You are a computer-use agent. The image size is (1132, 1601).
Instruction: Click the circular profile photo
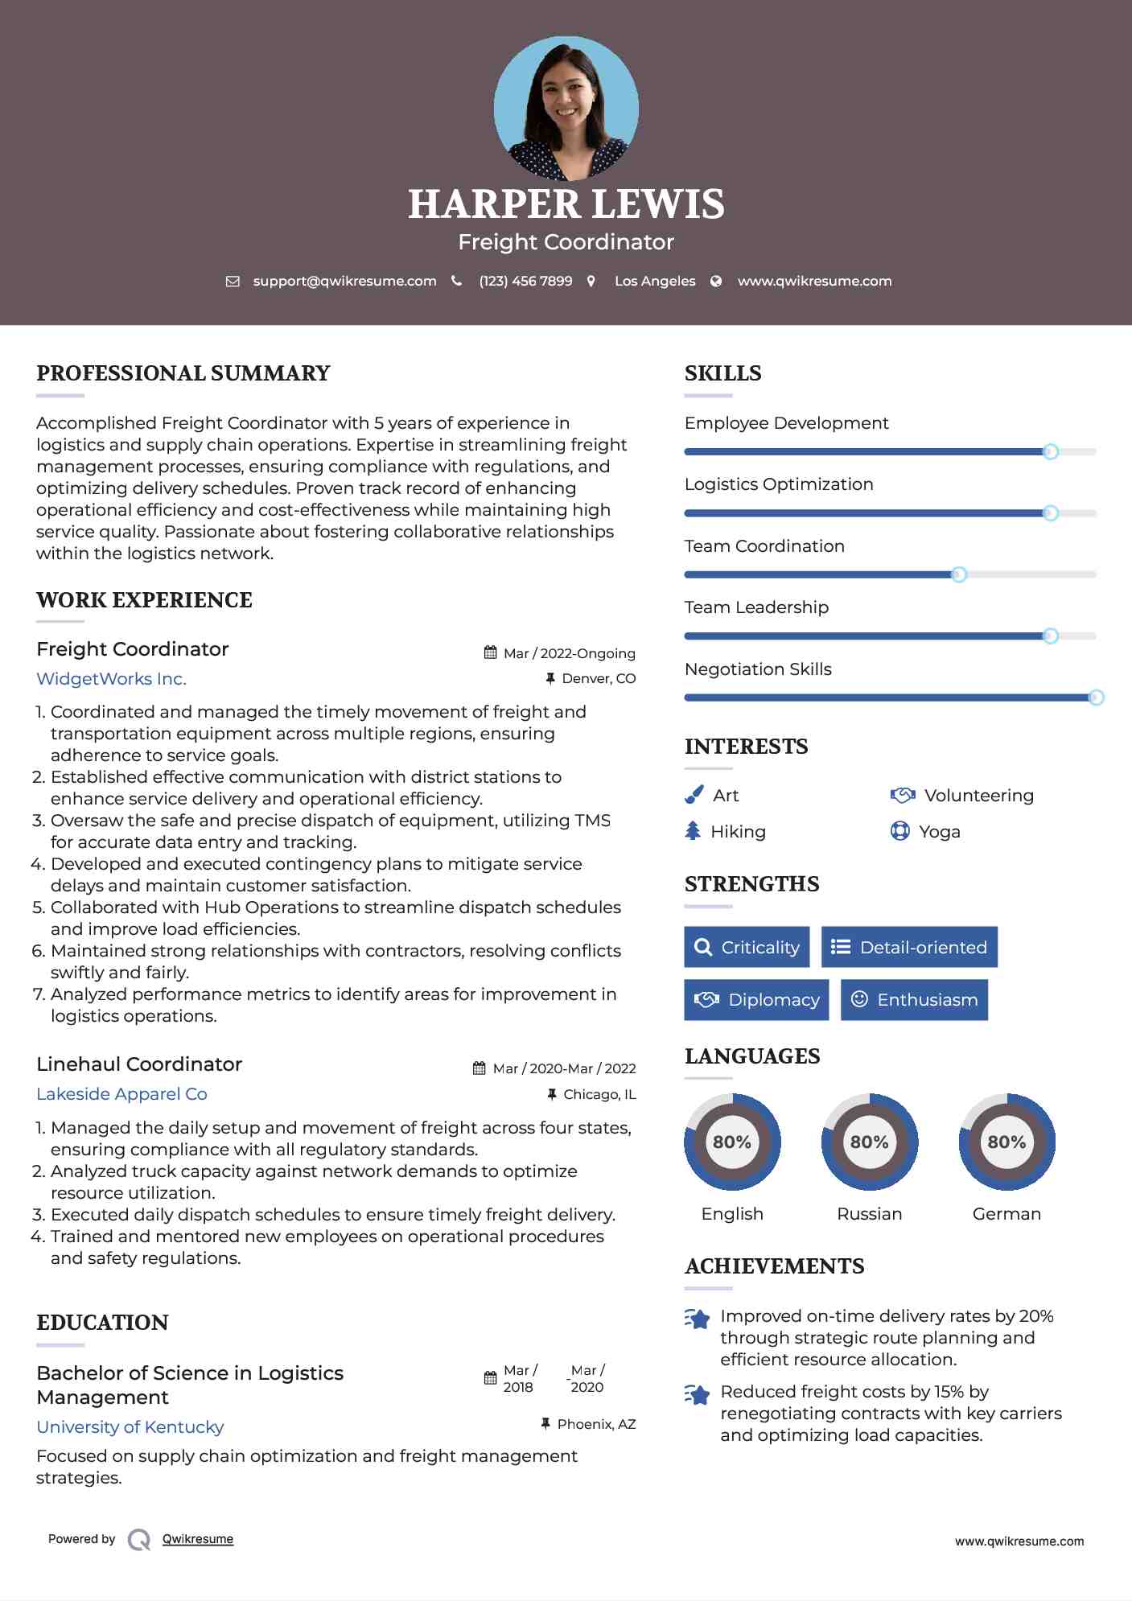[x=566, y=108]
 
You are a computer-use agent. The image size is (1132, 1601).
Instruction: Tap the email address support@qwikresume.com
[x=344, y=281]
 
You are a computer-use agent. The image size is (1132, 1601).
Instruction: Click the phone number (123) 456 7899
[x=525, y=281]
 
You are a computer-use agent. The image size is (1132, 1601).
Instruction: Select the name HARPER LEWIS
[x=566, y=204]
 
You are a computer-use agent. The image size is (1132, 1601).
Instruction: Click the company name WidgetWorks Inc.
[x=111, y=678]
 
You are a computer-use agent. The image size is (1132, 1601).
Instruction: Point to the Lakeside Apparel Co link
[x=121, y=1093]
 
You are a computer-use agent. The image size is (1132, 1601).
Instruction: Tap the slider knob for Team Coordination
[x=958, y=574]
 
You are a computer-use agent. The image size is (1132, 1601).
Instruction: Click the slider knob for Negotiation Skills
[x=1096, y=698]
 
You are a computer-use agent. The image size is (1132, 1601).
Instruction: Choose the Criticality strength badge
[x=747, y=947]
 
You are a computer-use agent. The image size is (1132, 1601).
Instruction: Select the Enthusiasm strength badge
[x=914, y=999]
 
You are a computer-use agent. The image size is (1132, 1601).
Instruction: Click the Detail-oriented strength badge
[x=909, y=947]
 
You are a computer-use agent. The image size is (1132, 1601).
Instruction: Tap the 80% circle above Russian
[x=869, y=1142]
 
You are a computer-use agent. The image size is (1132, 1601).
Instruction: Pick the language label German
[x=1006, y=1213]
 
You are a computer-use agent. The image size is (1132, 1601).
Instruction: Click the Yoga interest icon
[x=899, y=831]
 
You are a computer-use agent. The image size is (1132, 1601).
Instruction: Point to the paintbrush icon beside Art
[x=694, y=795]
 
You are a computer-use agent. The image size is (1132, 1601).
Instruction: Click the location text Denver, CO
[x=599, y=678]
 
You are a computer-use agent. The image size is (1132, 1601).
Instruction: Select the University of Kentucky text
[x=130, y=1426]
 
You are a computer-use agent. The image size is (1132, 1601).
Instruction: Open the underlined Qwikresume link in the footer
[x=198, y=1539]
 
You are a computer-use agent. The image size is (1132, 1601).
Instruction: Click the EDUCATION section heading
[x=102, y=1322]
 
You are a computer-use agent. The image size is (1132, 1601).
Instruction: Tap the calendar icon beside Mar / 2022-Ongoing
[x=490, y=652]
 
